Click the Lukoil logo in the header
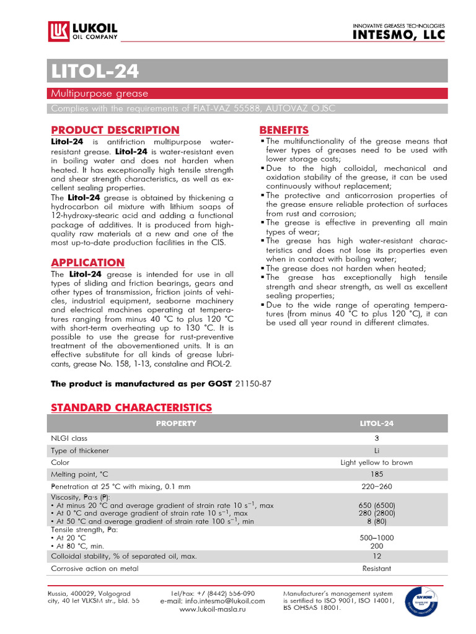tap(82, 30)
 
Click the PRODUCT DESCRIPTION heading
tap(115, 130)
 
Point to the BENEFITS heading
tap(284, 130)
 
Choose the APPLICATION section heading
tap(87, 263)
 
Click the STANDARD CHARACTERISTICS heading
tap(131, 407)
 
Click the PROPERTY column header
tap(176, 423)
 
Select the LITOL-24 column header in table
tap(376, 423)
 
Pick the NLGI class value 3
tap(376, 438)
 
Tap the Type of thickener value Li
tap(376, 450)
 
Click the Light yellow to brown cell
tap(376, 462)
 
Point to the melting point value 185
tap(376, 474)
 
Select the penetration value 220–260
tap(376, 487)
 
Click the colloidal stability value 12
tap(376, 556)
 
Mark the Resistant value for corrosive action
tap(376, 568)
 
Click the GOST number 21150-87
tap(253, 384)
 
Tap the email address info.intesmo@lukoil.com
tap(213, 601)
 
